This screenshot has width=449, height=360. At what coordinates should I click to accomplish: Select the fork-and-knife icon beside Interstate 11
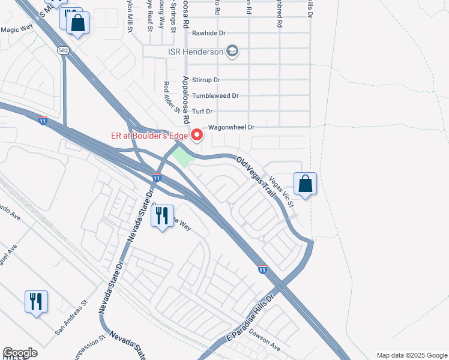[x=162, y=217]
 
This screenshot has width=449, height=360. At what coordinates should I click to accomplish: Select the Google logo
[x=20, y=353]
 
